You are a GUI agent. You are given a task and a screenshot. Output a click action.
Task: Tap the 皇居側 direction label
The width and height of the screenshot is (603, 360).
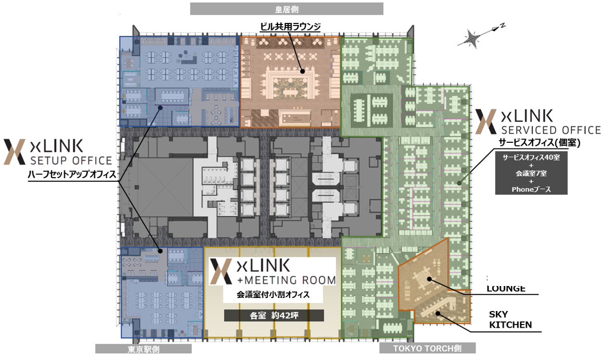click(x=286, y=9)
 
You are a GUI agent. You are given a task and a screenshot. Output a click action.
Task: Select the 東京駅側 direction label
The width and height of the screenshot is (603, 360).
click(x=143, y=349)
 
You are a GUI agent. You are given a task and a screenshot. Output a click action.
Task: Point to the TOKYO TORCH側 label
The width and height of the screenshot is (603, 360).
click(x=427, y=349)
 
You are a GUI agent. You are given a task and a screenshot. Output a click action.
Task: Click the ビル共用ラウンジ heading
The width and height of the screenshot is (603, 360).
click(x=291, y=27)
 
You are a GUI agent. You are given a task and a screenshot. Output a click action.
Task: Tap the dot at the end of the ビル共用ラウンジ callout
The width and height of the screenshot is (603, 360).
click(x=303, y=71)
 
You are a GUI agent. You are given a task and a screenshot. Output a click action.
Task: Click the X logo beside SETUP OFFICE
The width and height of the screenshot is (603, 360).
click(x=15, y=152)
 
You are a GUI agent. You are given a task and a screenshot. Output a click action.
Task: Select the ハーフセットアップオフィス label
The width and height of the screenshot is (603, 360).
click(x=72, y=174)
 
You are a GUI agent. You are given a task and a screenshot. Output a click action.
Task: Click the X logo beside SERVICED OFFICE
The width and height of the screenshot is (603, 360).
click(x=486, y=121)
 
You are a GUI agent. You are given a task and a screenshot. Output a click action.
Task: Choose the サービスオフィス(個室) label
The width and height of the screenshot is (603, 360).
click(x=539, y=142)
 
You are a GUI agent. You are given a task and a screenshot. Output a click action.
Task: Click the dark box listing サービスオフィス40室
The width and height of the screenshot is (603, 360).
click(x=531, y=173)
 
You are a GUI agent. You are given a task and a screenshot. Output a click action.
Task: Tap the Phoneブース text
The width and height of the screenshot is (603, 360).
click(x=531, y=189)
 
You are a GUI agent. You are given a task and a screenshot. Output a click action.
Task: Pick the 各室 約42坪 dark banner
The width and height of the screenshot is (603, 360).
click(x=274, y=315)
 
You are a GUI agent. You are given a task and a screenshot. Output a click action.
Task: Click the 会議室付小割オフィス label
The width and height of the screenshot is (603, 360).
click(x=273, y=294)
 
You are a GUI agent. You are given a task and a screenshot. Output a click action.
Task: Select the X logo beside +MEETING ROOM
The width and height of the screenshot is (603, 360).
click(x=221, y=271)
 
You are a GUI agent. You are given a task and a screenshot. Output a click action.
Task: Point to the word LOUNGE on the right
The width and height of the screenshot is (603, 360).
click(x=506, y=289)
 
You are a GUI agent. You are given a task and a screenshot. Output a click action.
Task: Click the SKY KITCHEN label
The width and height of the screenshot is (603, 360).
click(x=510, y=319)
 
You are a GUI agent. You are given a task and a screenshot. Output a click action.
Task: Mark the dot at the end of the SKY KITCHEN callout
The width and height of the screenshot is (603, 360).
click(x=437, y=314)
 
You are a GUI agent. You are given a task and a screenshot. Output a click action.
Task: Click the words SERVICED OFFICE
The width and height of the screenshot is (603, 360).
click(x=551, y=130)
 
